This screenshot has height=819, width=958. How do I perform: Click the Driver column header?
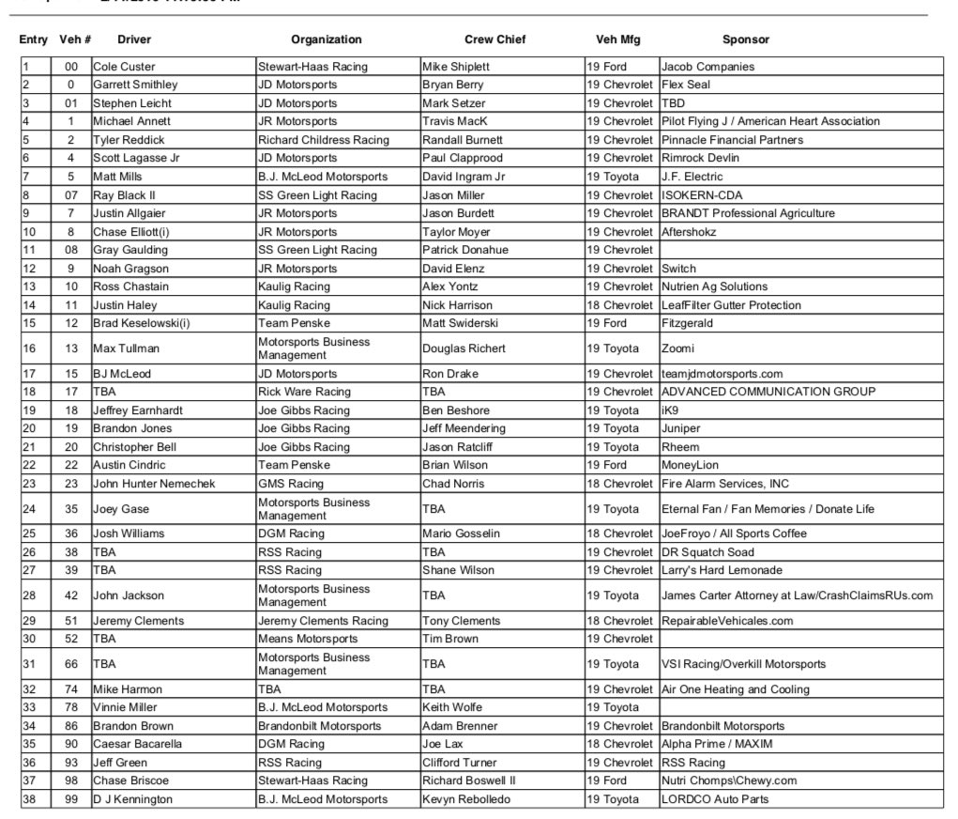pos(134,39)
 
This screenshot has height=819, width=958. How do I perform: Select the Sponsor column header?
pos(745,39)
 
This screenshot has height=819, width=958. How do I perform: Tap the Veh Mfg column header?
pos(618,39)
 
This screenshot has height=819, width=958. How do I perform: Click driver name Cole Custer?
pos(124,67)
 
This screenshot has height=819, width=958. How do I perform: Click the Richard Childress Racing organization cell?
pos(323,140)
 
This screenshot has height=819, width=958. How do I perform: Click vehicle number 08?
pos(71,250)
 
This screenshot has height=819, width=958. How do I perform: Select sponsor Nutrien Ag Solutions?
pos(713,286)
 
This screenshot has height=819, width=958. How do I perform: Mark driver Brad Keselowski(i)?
pos(140,323)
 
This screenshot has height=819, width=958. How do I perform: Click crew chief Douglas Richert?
pos(464,348)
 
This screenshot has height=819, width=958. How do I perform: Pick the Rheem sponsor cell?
pos(679,446)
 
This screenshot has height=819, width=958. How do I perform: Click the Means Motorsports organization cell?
pos(307,639)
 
